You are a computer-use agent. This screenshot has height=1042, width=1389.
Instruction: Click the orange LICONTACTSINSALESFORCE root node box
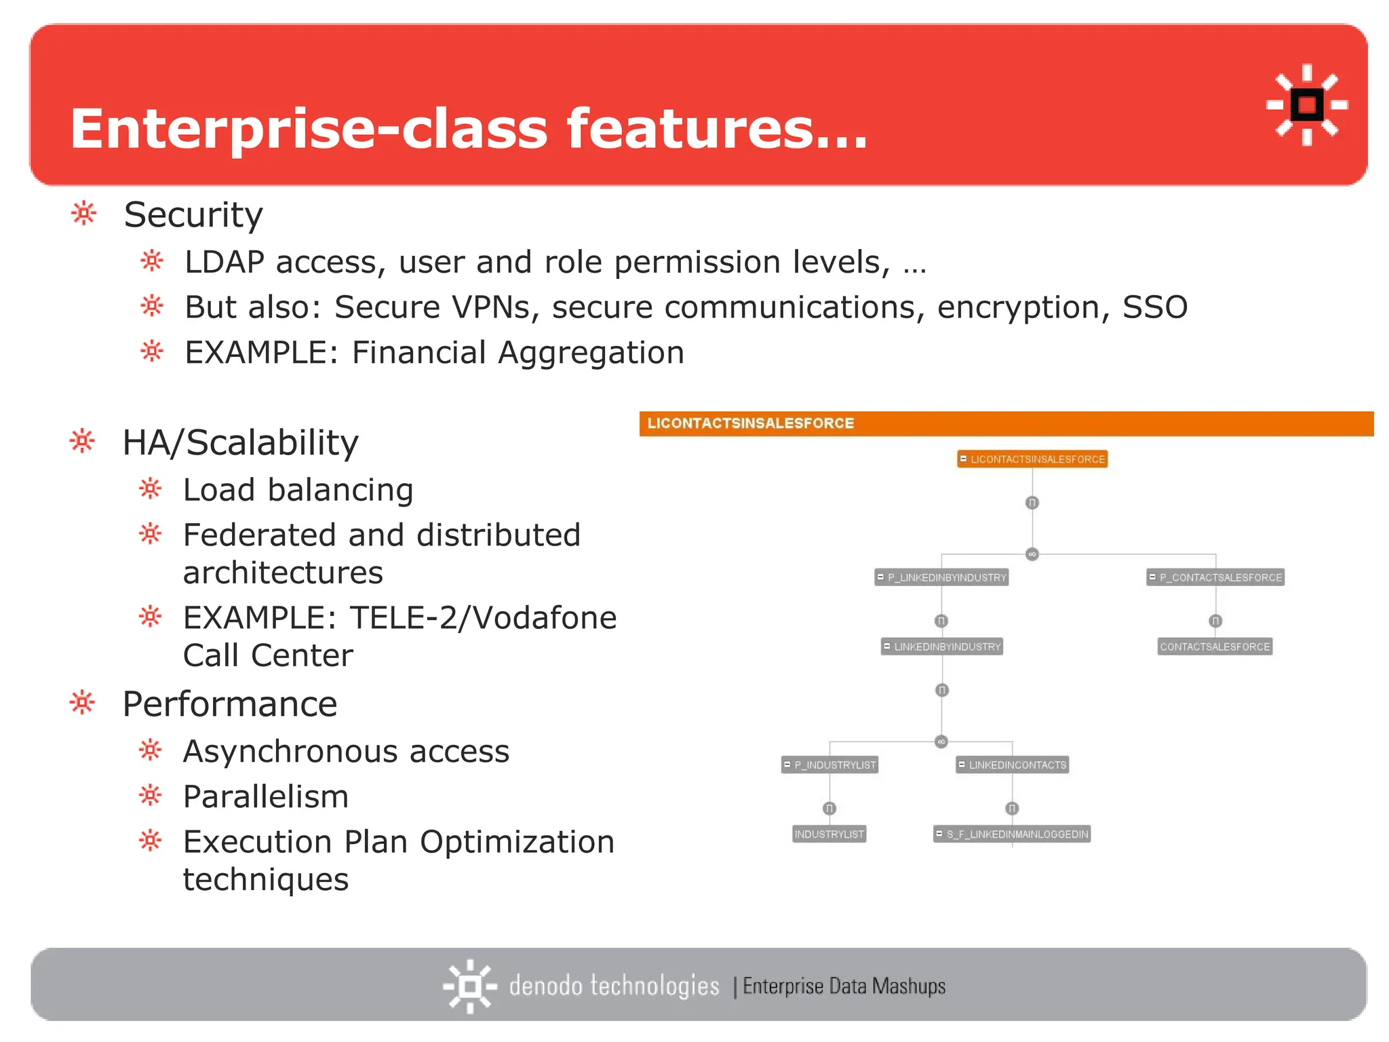pyautogui.click(x=1032, y=459)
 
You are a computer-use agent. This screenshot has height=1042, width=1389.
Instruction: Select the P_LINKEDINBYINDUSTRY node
pyautogui.click(x=941, y=577)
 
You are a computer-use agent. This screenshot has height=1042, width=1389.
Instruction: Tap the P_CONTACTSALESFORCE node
pyautogui.click(x=1215, y=577)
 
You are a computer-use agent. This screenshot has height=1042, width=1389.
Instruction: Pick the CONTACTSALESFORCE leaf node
pyautogui.click(x=1215, y=647)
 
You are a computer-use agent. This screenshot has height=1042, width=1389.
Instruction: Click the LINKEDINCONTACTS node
pyautogui.click(x=1013, y=765)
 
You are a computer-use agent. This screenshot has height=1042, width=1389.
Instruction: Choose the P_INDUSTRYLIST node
pyautogui.click(x=829, y=765)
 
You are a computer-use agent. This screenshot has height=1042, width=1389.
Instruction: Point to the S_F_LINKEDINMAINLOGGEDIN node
pyautogui.click(x=1012, y=834)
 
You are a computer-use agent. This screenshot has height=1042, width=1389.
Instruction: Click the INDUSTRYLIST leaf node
pyautogui.click(x=829, y=834)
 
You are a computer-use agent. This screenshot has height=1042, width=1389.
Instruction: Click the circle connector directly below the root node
pyautogui.click(x=1032, y=503)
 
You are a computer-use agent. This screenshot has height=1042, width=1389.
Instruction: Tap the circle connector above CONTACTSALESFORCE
pyautogui.click(x=1215, y=621)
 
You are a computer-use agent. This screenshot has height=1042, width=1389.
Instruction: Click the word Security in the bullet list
pyautogui.click(x=193, y=215)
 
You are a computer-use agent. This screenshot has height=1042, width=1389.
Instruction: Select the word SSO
pyautogui.click(x=1155, y=307)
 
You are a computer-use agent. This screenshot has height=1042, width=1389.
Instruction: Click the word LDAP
pyautogui.click(x=224, y=263)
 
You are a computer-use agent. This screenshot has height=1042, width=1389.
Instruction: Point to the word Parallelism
pyautogui.click(x=266, y=796)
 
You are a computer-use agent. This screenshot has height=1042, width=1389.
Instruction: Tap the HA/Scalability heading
pyautogui.click(x=240, y=443)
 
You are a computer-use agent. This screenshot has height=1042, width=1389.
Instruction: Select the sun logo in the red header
pyautogui.click(x=1307, y=105)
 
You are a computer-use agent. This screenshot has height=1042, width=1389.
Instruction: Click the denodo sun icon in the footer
pyautogui.click(x=469, y=986)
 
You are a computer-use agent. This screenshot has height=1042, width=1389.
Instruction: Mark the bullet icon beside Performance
pyautogui.click(x=82, y=703)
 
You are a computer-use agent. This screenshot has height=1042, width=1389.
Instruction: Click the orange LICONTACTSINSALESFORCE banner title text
pyautogui.click(x=750, y=423)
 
